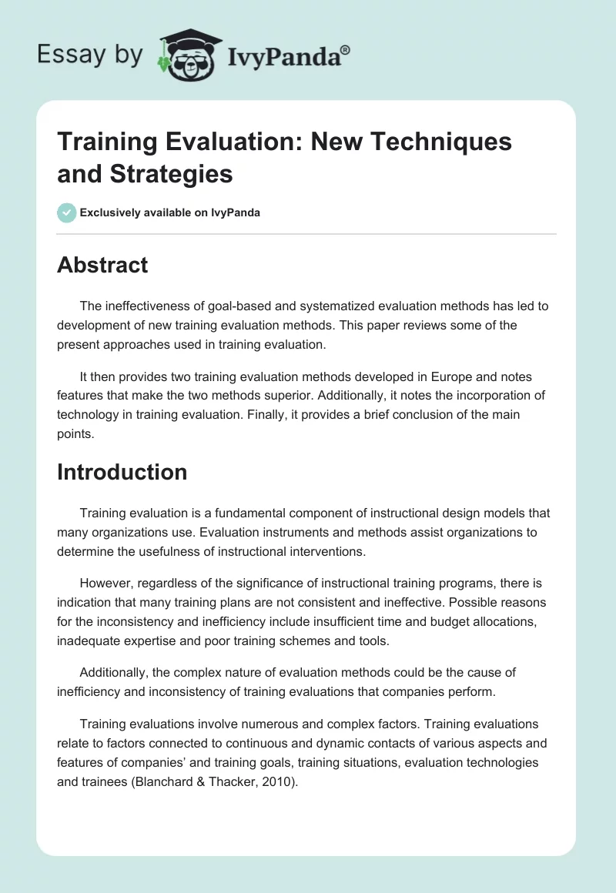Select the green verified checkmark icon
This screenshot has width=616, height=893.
coord(67,212)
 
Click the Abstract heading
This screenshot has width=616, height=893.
coord(102,265)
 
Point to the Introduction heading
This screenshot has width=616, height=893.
coord(122,471)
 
